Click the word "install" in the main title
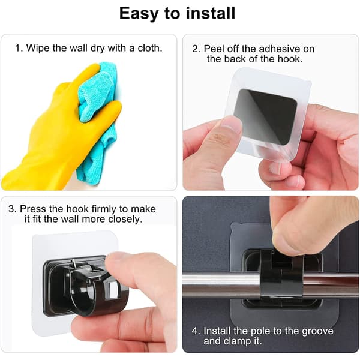(211, 13)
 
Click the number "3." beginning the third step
(13, 209)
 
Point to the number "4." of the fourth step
(196, 331)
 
